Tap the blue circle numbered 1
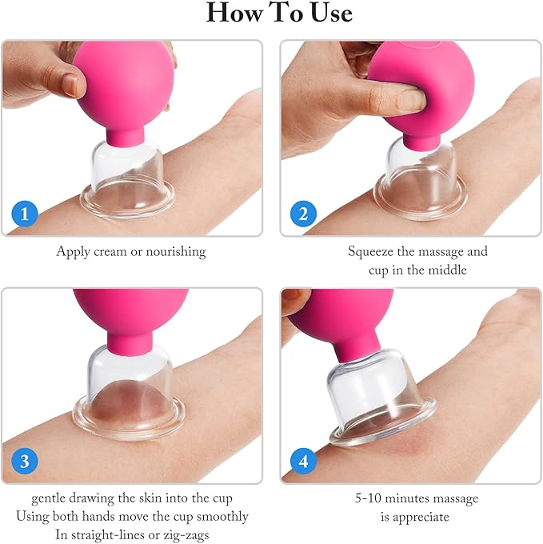26,214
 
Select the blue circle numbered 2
302,214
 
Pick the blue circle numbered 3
26,461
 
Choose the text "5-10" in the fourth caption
369,498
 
